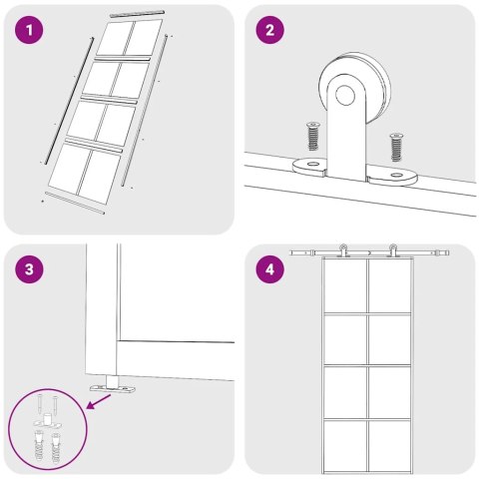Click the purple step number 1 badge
tap(29, 30)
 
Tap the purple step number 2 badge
tap(269, 30)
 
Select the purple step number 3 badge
tap(29, 269)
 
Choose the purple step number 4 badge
tap(269, 269)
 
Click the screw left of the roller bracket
tap(312, 136)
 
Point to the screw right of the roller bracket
tap(396, 147)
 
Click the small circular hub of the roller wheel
tap(345, 95)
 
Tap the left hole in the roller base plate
tap(312, 165)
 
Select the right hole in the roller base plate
tap(396, 175)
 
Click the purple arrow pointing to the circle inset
tap(99, 401)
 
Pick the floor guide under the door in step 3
tap(113, 386)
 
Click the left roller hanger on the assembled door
tap(343, 250)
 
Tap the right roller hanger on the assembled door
tap(393, 250)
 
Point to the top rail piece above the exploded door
tap(138, 14)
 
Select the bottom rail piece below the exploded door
tap(75, 203)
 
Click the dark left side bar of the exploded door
tap(69, 101)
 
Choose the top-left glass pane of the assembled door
tap(345, 285)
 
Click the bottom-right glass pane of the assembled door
tap(389, 445)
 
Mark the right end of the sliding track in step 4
tap(448, 252)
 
